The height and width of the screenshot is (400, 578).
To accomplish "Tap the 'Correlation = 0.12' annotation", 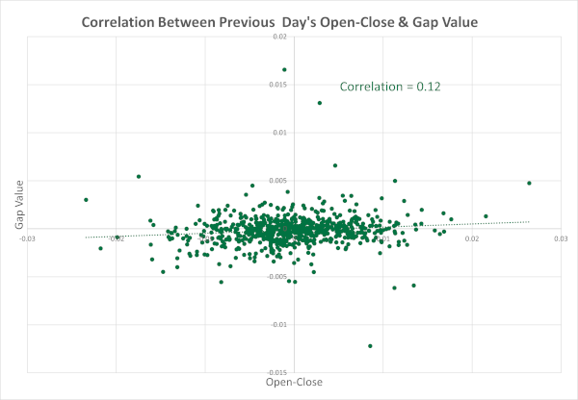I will (390, 87).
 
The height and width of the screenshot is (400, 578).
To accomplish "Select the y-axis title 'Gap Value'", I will (18, 206).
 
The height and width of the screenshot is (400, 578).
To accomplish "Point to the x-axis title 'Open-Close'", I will (294, 382).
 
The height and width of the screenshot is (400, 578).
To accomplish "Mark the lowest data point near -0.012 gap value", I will (370, 345).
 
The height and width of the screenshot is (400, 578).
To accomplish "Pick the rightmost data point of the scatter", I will (529, 183).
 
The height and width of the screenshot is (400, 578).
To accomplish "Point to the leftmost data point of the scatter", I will (86, 200).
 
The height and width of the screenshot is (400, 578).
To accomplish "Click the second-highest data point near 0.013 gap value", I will (319, 103).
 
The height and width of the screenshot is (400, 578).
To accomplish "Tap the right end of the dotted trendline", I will (529, 224).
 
